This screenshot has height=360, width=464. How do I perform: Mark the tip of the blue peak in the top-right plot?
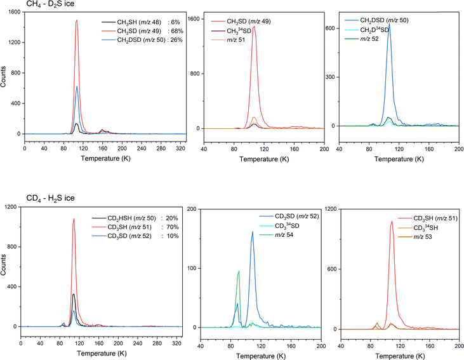389,24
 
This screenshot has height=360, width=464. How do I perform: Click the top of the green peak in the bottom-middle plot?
239,271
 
